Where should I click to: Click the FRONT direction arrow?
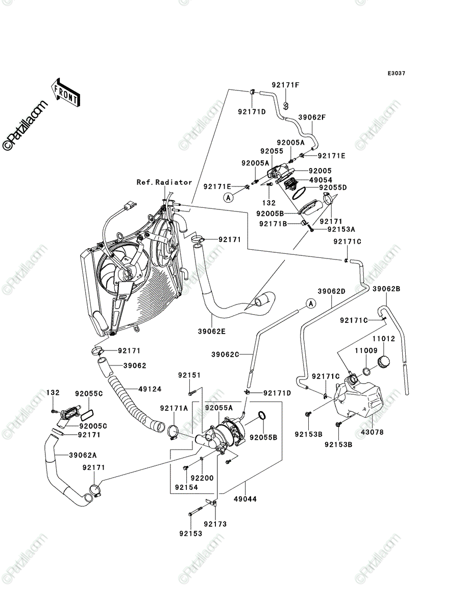click(65, 92)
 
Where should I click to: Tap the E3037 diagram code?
click(397, 74)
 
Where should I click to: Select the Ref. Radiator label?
click(164, 182)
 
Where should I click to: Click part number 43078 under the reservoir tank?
click(372, 432)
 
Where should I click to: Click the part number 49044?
click(245, 499)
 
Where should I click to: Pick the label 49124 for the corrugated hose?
click(150, 389)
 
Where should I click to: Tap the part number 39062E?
click(212, 332)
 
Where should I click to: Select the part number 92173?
click(215, 524)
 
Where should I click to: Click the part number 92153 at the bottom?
click(191, 533)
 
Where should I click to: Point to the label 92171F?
click(286, 85)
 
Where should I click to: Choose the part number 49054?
click(321, 180)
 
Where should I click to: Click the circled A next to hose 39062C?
click(311, 303)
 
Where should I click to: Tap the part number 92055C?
click(89, 393)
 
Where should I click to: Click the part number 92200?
click(203, 478)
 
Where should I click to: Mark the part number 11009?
click(366, 350)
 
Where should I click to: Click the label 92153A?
click(341, 229)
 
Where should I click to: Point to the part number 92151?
click(189, 375)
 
